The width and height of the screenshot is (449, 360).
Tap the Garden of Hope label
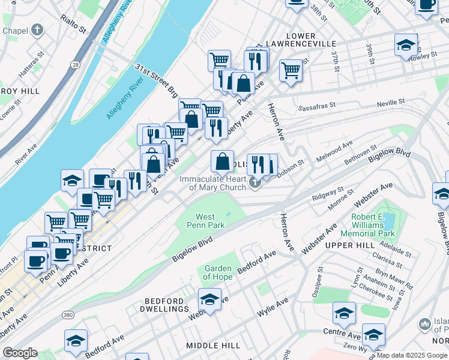pyautogui.click(x=217, y=272)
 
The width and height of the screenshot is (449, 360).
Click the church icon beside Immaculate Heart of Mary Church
pyautogui.click(x=255, y=182)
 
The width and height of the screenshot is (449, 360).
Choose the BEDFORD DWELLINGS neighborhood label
pyautogui.click(x=166, y=304)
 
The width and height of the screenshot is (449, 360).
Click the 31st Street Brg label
pyautogui.click(x=156, y=81)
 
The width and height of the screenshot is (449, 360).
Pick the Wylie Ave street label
pyautogui.click(x=270, y=313)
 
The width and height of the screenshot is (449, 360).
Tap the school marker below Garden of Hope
pyautogui.click(x=209, y=299)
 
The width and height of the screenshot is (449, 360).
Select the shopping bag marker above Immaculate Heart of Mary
pyautogui.click(x=222, y=160)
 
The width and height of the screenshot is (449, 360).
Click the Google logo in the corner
pyautogui.click(x=20, y=353)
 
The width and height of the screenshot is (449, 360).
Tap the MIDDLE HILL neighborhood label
pyautogui.click(x=212, y=346)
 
